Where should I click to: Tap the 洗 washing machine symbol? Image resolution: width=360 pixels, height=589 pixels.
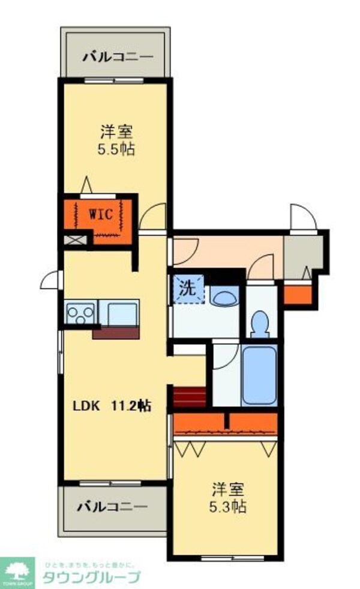pyautogui.click(x=188, y=288)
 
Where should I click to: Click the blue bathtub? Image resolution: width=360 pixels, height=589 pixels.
pyautogui.click(x=260, y=375)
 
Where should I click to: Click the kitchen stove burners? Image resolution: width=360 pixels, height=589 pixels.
pyautogui.click(x=79, y=314)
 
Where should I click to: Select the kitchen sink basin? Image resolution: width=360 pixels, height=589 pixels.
pyautogui.click(x=123, y=313)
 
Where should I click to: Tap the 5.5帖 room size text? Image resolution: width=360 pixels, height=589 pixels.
pyautogui.click(x=116, y=149)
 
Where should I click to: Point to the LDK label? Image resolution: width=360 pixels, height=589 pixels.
pyautogui.click(x=85, y=406)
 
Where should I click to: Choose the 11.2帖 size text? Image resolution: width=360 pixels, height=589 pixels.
pyautogui.click(x=130, y=406)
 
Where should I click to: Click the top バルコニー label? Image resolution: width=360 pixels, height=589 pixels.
pyautogui.click(x=118, y=58)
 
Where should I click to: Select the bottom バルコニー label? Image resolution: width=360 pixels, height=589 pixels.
pyautogui.click(x=112, y=507)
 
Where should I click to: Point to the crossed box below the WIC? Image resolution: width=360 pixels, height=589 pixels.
pyautogui.click(x=75, y=241)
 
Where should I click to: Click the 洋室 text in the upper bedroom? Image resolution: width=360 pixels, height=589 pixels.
pyautogui.click(x=116, y=130)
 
